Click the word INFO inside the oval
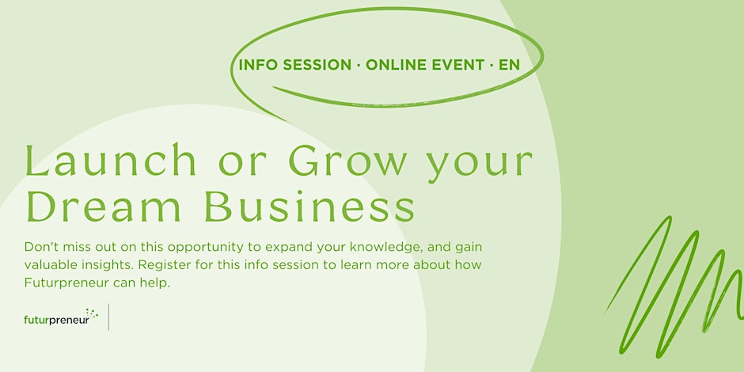coord(259,65)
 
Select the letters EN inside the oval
coord(509,65)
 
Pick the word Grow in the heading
coord(350,161)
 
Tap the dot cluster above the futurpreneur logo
coord(92,313)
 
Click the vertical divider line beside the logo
coord(108,317)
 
